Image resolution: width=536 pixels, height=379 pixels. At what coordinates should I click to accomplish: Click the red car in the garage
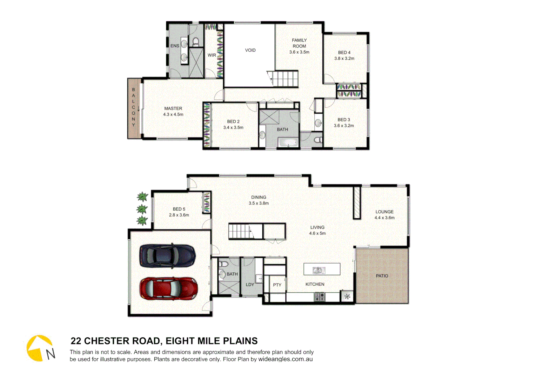pos(168,288)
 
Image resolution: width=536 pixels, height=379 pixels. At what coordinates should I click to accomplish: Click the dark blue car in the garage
pos(167,255)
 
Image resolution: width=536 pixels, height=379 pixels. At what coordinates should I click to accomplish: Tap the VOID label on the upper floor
pos(250,50)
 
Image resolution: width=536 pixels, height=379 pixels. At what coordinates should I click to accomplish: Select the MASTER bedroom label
pos(173,108)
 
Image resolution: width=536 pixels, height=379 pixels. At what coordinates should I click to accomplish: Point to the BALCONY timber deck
pos(134,108)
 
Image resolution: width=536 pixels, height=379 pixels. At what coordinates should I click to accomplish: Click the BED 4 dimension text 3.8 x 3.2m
pos(344,59)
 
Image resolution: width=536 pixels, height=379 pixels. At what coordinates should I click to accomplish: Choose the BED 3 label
pos(343,120)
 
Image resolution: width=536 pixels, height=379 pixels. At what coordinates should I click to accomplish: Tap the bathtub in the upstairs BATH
pos(288,142)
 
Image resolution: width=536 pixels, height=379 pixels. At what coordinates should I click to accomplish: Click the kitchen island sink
pos(319,270)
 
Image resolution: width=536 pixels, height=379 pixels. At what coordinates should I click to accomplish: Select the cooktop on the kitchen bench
pos(320,297)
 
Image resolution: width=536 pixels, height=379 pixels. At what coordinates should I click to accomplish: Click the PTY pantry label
pos(277,285)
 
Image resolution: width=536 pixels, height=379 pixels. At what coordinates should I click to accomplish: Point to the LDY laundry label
pos(250,285)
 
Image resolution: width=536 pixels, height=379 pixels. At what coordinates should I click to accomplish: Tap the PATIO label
pos(382,276)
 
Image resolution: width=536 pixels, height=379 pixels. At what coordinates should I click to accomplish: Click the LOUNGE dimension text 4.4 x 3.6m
pos(384,218)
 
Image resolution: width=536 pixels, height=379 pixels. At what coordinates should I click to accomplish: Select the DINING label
pos(259,197)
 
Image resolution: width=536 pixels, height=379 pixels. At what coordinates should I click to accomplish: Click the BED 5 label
pos(179,209)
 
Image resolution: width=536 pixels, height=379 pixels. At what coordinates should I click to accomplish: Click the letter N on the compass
pos(51,354)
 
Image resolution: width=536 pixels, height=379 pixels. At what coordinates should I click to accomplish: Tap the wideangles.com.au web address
pos(285,359)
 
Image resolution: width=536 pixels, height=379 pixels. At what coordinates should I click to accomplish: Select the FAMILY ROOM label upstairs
pos(299,43)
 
